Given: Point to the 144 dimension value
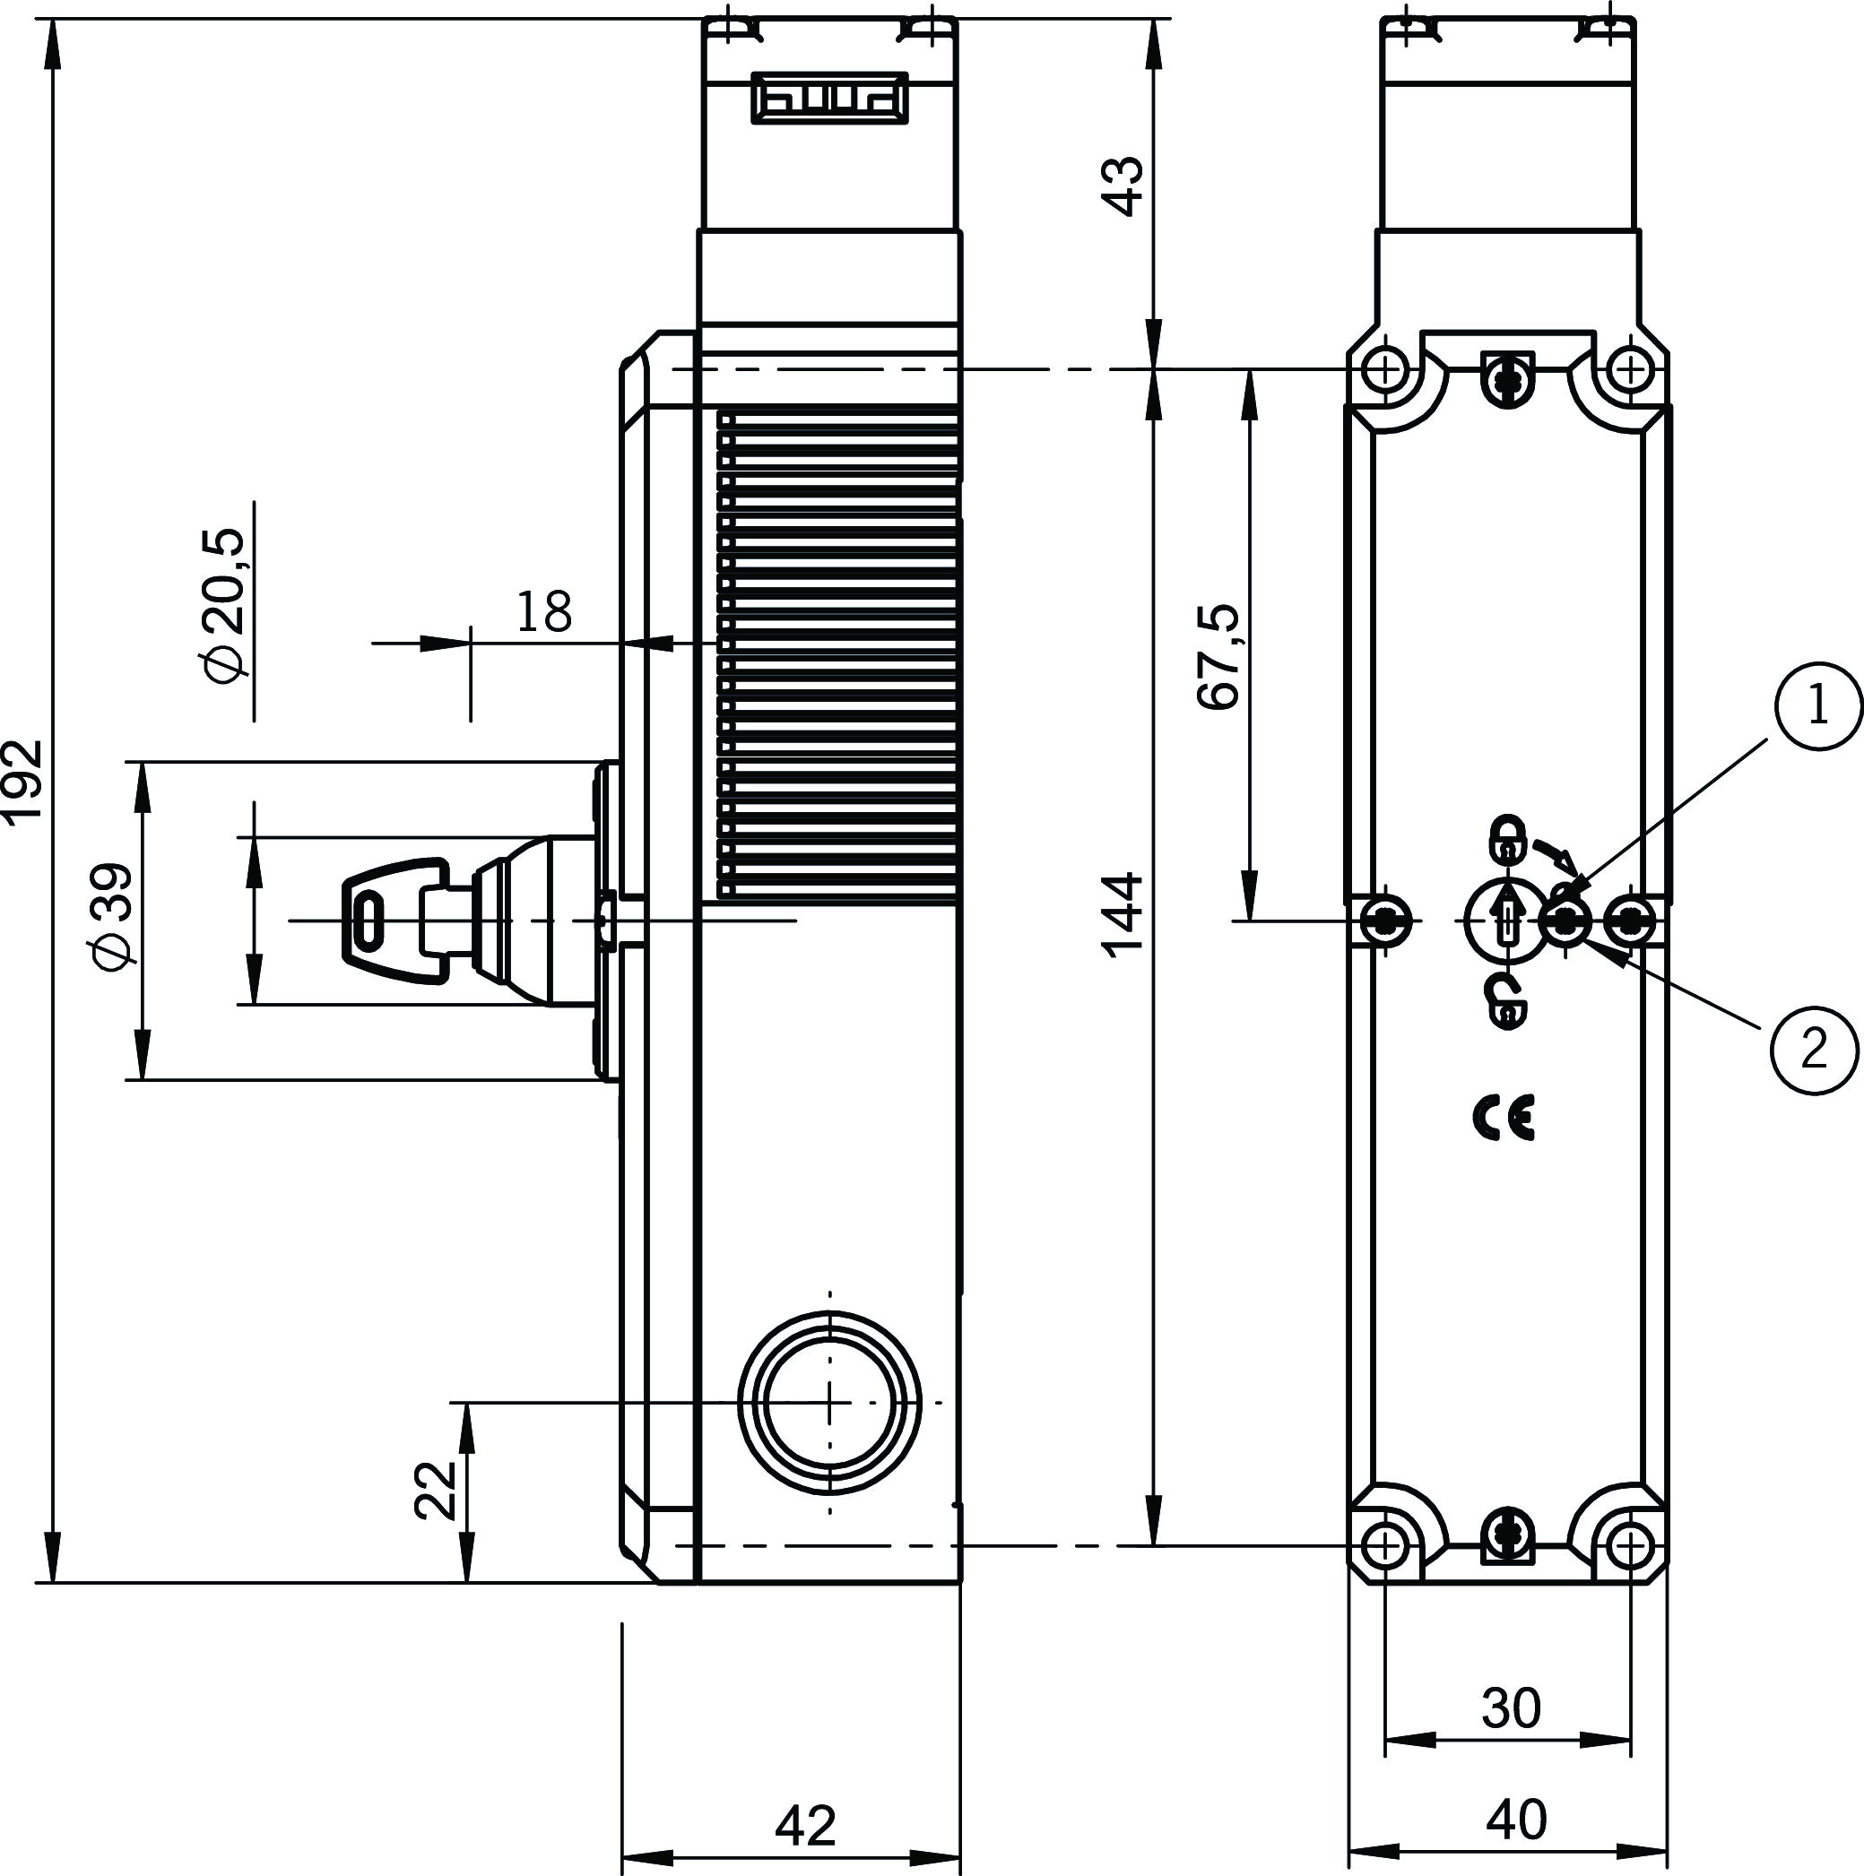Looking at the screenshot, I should (x=1126, y=916).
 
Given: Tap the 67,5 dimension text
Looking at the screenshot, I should (x=1219, y=657).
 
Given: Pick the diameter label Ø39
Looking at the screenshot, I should (x=113, y=916).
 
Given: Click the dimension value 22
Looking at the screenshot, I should (x=434, y=1490).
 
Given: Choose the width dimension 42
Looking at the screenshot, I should (x=805, y=1826).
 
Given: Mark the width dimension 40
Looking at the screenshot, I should (x=1516, y=1820).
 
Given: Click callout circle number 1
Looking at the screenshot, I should (x=1817, y=706).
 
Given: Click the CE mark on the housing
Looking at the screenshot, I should (x=1504, y=1119).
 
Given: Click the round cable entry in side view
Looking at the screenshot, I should (x=829, y=1402).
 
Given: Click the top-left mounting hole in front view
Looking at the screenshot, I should (x=1384, y=369).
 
